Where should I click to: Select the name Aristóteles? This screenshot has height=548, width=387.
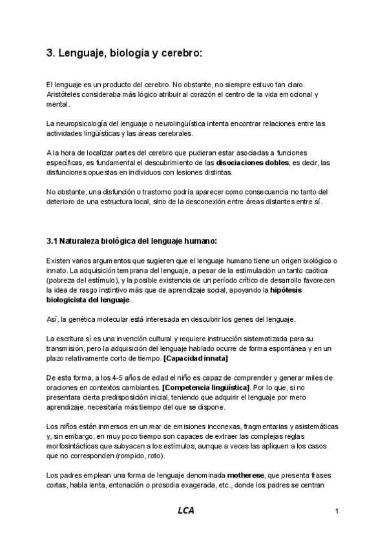pos(68,94)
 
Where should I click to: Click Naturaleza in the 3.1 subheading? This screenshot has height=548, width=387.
pos(85,242)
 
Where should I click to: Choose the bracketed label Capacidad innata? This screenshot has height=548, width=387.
pos(196,359)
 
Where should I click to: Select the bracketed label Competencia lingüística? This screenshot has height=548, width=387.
pos(206,388)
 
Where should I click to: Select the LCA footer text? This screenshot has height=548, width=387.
pos(186,511)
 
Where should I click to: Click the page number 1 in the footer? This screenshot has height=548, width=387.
pos(337,512)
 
